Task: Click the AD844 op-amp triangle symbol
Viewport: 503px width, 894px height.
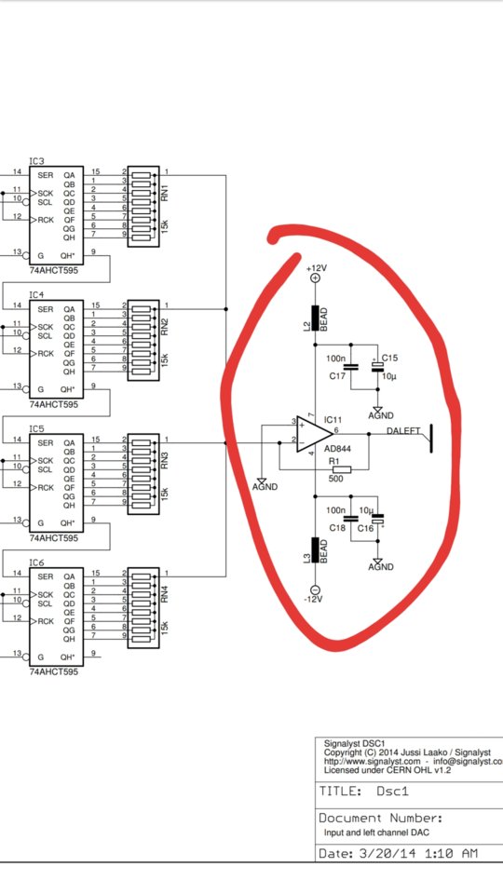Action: [x=314, y=435]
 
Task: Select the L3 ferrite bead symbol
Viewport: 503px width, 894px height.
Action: [x=315, y=549]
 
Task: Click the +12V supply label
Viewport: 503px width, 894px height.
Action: [x=317, y=267]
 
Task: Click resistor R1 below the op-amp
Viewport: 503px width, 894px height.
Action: [x=342, y=468]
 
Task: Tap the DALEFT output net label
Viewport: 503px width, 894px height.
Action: [x=405, y=430]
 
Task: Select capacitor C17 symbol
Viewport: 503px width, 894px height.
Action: [x=351, y=367]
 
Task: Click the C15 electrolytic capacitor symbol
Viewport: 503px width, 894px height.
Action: [x=377, y=366]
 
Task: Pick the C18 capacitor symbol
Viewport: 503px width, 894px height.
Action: [x=351, y=519]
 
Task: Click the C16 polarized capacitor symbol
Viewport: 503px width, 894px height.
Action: [x=377, y=519]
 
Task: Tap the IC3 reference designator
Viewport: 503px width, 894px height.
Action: [x=36, y=161]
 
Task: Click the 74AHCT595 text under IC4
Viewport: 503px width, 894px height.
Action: [x=54, y=404]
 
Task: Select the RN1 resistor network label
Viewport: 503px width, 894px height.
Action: [x=164, y=193]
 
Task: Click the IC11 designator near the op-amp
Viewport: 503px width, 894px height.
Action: [x=333, y=420]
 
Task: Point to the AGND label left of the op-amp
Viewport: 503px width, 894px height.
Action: [x=265, y=487]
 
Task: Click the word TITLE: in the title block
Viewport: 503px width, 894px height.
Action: [x=341, y=792]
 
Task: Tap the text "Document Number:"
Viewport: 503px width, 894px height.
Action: [x=381, y=818]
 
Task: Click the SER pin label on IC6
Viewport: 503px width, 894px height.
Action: [x=46, y=576]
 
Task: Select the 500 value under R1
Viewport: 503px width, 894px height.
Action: [x=336, y=479]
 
